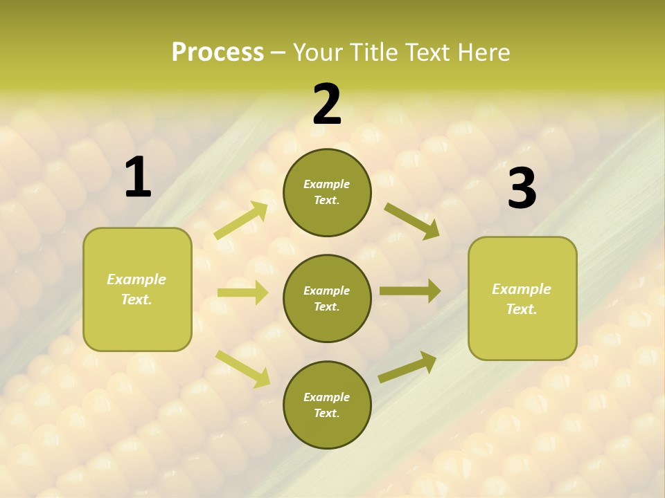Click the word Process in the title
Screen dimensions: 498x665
coord(218,52)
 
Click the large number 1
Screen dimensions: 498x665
coord(138,178)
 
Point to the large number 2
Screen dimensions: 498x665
coord(327,104)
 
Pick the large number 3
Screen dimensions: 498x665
coord(522,189)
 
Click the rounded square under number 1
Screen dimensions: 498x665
coord(137,289)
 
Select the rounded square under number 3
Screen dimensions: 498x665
coord(522,299)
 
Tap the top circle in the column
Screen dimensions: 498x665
coord(327,192)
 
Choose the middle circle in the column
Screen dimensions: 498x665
coord(327,299)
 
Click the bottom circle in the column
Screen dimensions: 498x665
coord(327,405)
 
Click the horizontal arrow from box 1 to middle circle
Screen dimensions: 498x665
coord(242,293)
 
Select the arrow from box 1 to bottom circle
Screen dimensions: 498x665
coord(242,369)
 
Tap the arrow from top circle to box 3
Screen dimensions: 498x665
coord(411,221)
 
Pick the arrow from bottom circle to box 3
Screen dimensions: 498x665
coord(407,367)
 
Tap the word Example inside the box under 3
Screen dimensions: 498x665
coord(522,289)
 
